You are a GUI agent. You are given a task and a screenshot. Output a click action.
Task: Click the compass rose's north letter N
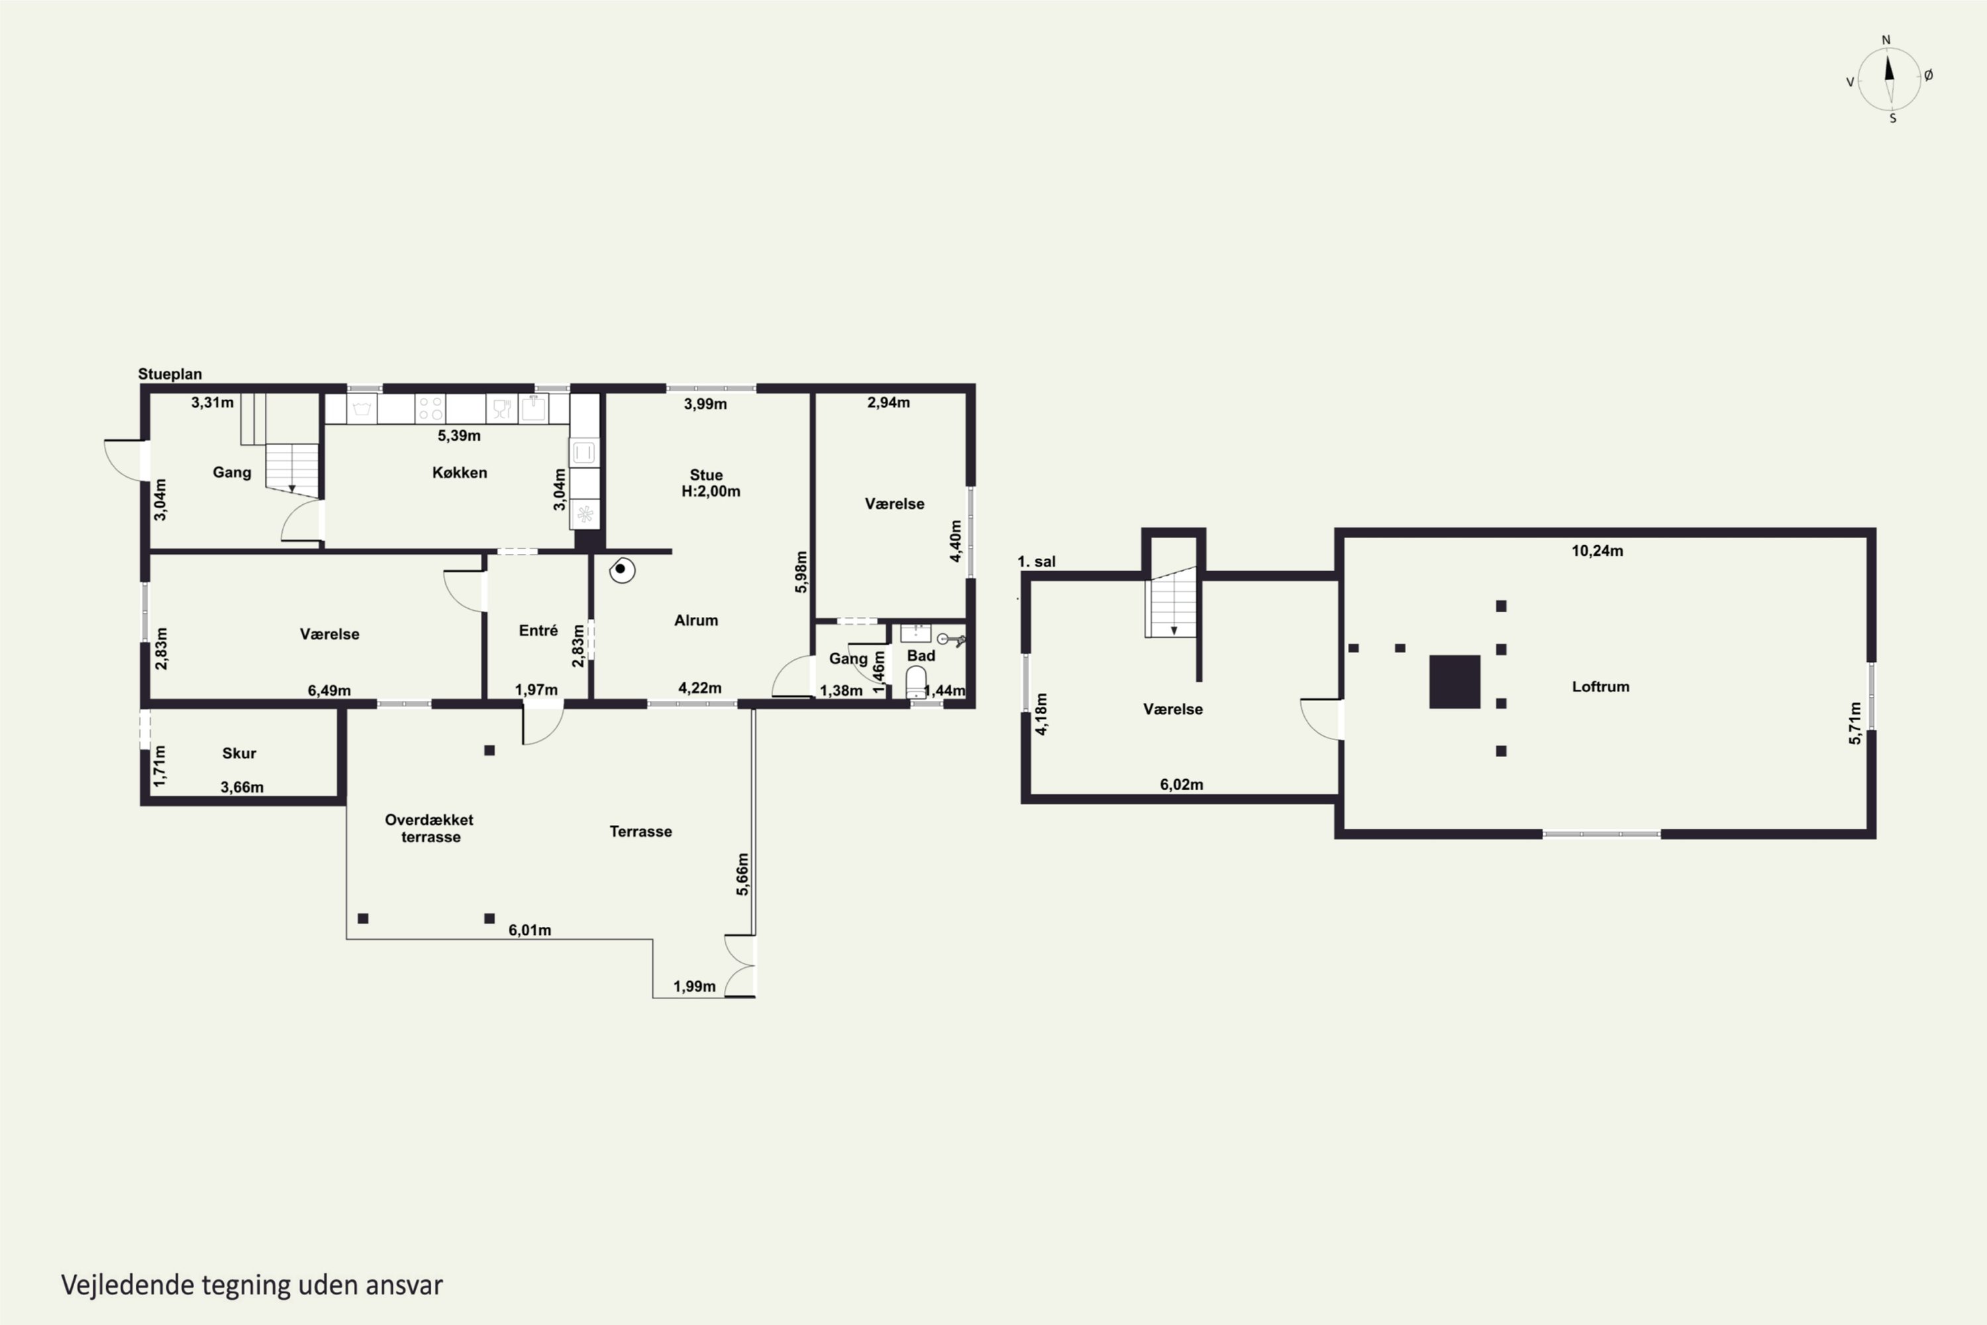[1886, 40]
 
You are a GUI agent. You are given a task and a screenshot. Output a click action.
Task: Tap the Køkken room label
[460, 472]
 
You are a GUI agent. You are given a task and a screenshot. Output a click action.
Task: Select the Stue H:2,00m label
[709, 482]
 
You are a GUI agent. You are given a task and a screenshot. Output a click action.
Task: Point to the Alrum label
[696, 620]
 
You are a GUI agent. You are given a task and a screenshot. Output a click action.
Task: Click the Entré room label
[538, 631]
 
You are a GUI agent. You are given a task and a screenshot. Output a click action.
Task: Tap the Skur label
[239, 753]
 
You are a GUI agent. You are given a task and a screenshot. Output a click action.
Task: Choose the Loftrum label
[1600, 686]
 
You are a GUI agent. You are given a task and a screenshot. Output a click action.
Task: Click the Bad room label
[921, 656]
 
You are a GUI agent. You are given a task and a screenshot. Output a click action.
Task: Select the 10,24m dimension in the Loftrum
[1597, 551]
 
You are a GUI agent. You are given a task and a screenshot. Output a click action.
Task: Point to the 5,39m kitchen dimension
[459, 436]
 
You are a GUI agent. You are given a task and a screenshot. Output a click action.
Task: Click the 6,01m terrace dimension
[530, 930]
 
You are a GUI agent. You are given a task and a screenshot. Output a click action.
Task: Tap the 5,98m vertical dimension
[801, 572]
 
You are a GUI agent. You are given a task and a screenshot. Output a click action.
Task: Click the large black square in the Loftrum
[1454, 681]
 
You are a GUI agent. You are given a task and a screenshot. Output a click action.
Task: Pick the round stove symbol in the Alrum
[622, 570]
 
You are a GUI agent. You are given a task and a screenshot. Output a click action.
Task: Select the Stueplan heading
[170, 374]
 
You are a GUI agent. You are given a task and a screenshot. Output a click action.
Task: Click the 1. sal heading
[1037, 561]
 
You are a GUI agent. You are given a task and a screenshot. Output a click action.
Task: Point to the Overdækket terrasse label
[429, 828]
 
